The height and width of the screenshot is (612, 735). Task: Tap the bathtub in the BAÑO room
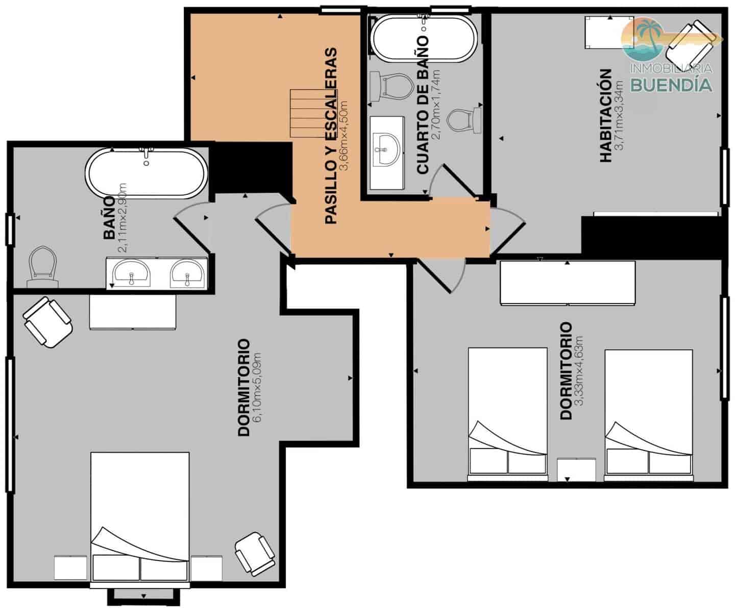coord(146,173)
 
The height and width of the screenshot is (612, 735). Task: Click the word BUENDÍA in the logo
coord(671,85)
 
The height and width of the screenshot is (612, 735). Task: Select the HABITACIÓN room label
coord(605,116)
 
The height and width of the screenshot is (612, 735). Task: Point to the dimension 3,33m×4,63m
coord(579,371)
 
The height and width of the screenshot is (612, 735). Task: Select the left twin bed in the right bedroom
coord(507,413)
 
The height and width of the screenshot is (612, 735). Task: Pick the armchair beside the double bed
coord(255,553)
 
